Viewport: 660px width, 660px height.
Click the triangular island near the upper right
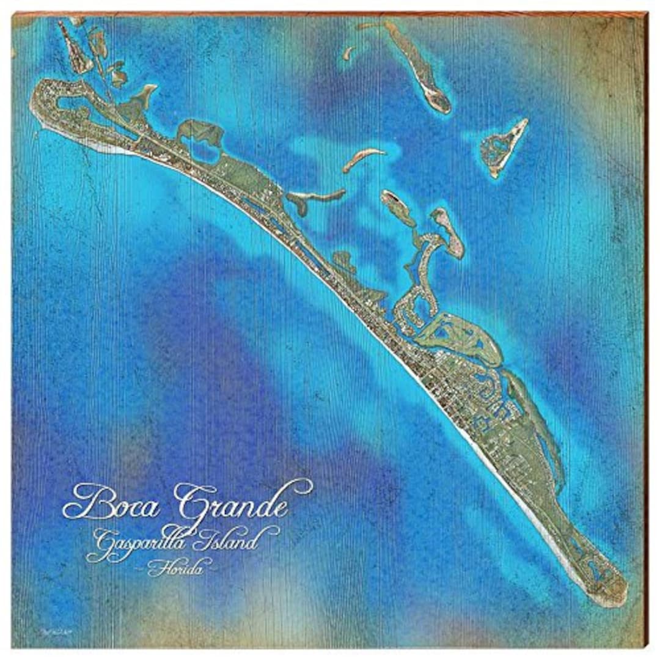pyautogui.click(x=504, y=147)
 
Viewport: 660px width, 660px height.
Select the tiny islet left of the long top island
pyautogui.click(x=348, y=53)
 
